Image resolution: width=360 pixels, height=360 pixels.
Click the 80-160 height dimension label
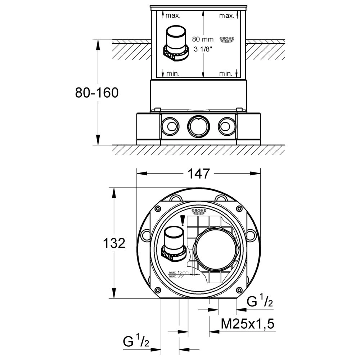[96, 93]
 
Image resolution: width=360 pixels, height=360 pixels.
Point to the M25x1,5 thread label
[248, 324]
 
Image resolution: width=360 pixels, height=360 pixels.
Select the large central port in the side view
[198, 126]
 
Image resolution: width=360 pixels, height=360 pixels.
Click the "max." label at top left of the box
[173, 15]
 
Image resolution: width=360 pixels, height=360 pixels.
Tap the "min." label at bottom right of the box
[226, 73]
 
